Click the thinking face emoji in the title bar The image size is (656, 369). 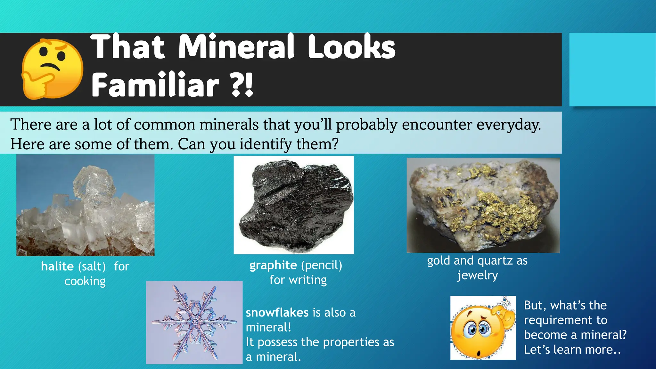pyautogui.click(x=52, y=69)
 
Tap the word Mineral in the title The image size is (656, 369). pyautogui.click(x=236, y=47)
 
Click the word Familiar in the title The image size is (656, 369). pyautogui.click(x=155, y=85)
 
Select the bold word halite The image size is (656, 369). pyautogui.click(x=57, y=266)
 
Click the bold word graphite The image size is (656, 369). pyautogui.click(x=273, y=265)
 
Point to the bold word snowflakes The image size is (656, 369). pyautogui.click(x=277, y=313)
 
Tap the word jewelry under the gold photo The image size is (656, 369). pyautogui.click(x=477, y=275)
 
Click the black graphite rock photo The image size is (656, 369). pyautogui.click(x=294, y=205)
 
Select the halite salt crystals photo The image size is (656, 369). pyautogui.click(x=85, y=205)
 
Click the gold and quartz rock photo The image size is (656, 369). pyautogui.click(x=483, y=205)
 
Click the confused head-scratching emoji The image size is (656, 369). pyautogui.click(x=483, y=328)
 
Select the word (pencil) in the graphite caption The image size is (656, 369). pyautogui.click(x=321, y=265)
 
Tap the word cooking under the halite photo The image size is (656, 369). pyautogui.click(x=85, y=281)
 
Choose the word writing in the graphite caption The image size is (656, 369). pyautogui.click(x=307, y=280)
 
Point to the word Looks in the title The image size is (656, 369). pyautogui.click(x=351, y=47)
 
